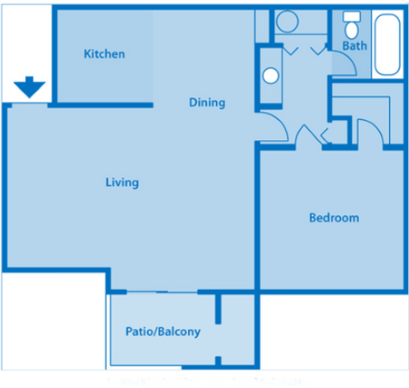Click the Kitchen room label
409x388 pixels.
(x=104, y=54)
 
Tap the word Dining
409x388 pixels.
(x=207, y=102)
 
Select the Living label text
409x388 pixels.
(x=122, y=182)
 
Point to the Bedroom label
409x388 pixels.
(x=334, y=217)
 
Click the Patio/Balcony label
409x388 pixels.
(x=162, y=331)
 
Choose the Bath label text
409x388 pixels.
(x=354, y=46)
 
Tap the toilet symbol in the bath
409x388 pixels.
(x=352, y=27)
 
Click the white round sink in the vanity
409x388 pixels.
(x=271, y=76)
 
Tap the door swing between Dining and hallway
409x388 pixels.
(x=273, y=127)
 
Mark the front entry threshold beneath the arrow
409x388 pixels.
(x=29, y=103)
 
